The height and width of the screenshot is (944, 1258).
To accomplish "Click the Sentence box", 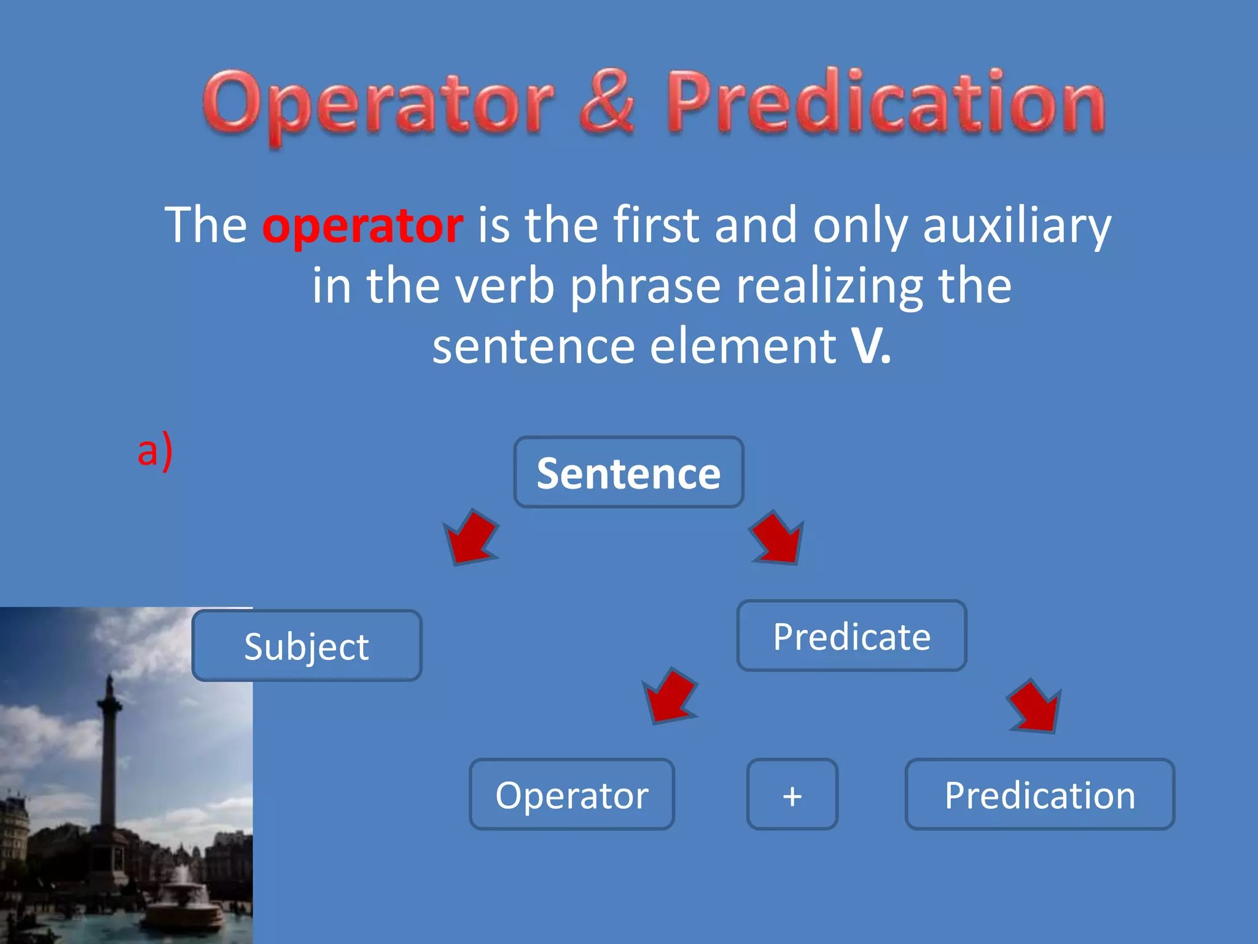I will pos(628,472).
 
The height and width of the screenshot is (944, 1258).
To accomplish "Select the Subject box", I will pos(307,645).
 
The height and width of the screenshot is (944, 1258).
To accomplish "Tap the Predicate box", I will pos(851,635).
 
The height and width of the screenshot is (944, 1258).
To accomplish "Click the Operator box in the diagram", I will pos(572,794).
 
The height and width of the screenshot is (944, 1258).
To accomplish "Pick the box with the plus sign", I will pos(792,794).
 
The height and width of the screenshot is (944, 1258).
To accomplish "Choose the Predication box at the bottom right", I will pos(1039,794).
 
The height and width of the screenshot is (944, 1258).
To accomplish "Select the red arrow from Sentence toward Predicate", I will pos(778,538).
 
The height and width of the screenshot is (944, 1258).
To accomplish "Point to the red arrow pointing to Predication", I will pos(1035,707).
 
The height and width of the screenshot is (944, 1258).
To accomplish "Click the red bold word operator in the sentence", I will pos(362,225).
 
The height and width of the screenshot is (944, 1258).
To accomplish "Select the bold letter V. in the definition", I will pos(870,345).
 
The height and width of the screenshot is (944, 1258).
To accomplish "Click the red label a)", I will pos(155,450).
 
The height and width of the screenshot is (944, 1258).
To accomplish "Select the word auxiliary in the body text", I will pos(1017,225).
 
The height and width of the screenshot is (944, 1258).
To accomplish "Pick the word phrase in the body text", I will pos(645,285).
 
